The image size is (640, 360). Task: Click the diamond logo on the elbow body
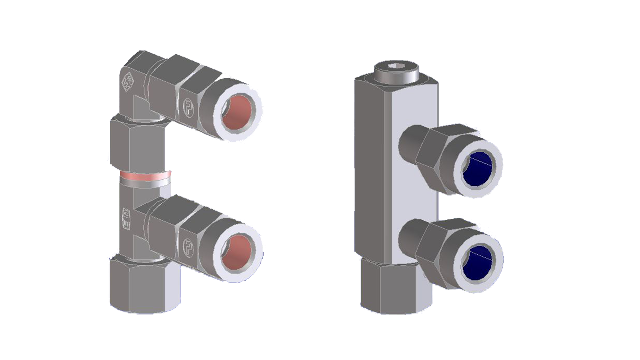click(127, 81)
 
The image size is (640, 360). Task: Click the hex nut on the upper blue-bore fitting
click(433, 157)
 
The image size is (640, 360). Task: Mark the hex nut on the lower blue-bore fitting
click(433, 252)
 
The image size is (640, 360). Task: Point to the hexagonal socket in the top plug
click(396, 66)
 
